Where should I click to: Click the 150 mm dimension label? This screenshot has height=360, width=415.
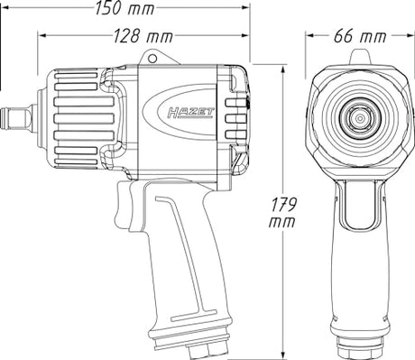click(x=125, y=8)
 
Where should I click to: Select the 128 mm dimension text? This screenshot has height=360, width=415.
click(x=143, y=36)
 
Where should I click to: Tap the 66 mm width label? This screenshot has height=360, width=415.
click(x=360, y=36)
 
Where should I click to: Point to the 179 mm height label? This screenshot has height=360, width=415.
click(x=282, y=212)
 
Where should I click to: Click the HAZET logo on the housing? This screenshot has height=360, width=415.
click(x=190, y=113)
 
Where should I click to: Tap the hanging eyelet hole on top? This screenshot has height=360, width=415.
click(x=152, y=59)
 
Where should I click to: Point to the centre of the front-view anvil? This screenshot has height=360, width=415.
click(x=359, y=119)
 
